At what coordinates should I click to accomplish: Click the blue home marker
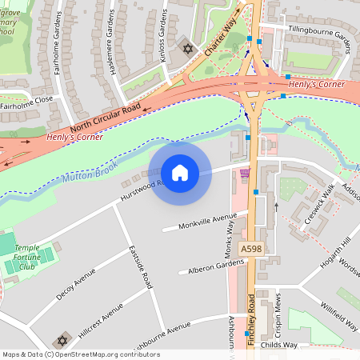point(180,172)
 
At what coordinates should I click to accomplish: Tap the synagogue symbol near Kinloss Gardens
point(189,50)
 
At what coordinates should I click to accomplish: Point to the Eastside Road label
point(141,266)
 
